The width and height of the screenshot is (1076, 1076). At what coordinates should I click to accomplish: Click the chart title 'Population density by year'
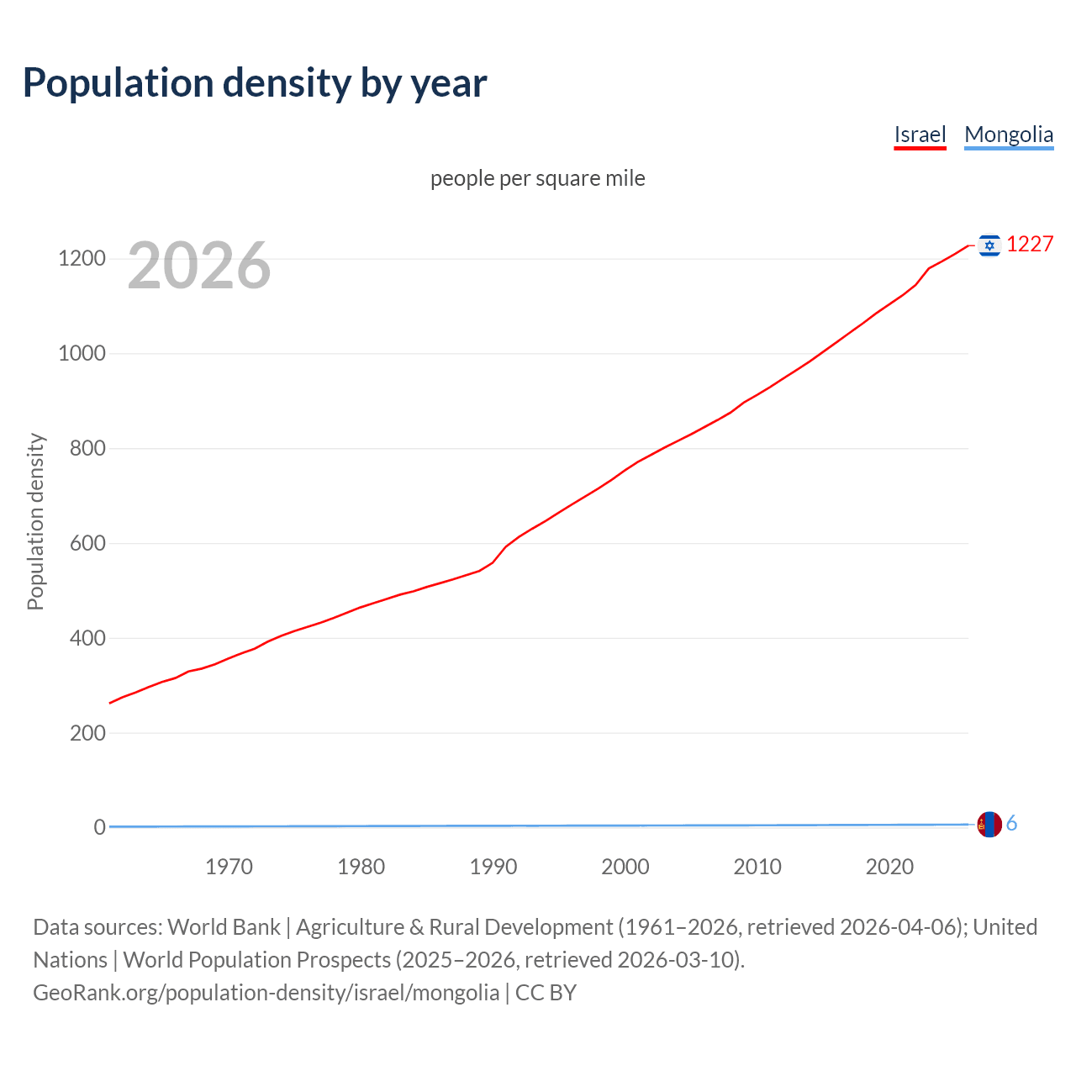pos(255,83)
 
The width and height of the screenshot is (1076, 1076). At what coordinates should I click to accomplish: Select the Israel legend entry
pos(920,134)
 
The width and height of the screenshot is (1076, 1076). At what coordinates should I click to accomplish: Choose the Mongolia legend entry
pos(1009,134)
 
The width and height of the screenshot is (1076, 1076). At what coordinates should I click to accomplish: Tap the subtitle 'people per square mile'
pos(537,178)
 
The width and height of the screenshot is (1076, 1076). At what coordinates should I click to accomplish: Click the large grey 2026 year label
pos(199,266)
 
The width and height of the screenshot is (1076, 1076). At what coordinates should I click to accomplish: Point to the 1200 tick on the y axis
pos(82,258)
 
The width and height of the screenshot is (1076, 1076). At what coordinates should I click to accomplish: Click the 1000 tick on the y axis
pos(82,353)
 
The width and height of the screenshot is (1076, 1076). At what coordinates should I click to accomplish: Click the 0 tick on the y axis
pos(100,827)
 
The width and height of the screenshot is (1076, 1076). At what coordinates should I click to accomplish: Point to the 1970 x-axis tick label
pos(229,867)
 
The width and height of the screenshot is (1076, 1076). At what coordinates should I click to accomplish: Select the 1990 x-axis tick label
pos(493,867)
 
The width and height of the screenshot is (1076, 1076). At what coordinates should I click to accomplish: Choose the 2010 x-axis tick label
pos(757,867)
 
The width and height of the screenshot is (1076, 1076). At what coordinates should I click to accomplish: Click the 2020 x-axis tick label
pos(889,867)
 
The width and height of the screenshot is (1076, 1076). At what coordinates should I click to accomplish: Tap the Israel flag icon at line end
pos(989,245)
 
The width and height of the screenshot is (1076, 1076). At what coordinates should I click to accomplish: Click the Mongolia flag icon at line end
pos(989,825)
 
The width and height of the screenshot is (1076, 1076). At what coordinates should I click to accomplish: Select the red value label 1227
pos(1030,244)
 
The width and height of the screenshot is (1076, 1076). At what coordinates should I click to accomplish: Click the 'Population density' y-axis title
pos(35,521)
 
